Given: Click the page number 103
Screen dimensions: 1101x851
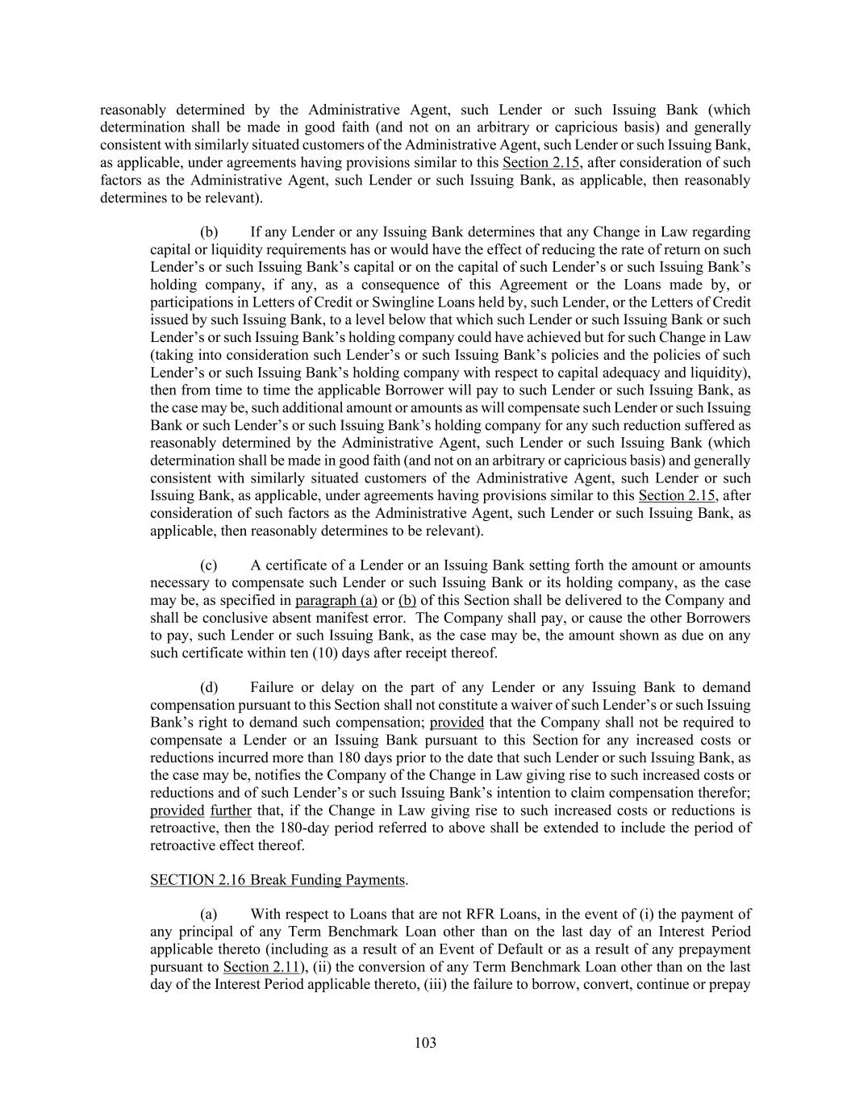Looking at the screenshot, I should [425, 1043].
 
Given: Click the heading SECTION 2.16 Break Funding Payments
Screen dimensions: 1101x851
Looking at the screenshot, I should [277, 879].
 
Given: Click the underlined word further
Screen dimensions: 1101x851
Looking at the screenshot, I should [231, 810].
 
